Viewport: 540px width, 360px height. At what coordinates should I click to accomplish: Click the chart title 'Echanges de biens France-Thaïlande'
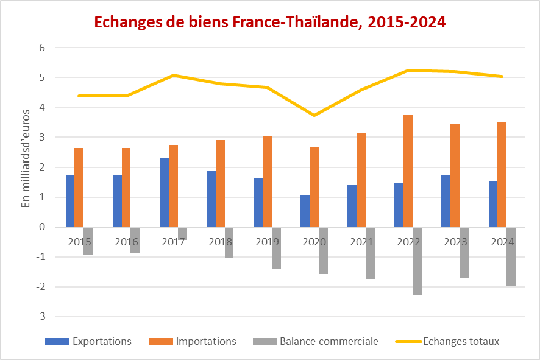269,23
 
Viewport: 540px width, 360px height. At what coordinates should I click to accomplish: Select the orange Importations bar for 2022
408,171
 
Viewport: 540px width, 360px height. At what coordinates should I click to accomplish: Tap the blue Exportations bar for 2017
164,192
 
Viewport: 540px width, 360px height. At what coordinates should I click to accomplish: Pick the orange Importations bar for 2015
79,187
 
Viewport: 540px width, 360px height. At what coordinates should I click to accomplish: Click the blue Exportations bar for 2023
446,200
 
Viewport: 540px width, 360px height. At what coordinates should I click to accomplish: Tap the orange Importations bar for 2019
267,181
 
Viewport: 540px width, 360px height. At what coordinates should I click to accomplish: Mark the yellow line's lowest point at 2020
314,115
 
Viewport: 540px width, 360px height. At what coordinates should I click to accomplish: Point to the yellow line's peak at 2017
174,76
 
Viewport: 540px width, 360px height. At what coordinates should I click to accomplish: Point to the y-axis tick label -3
41,317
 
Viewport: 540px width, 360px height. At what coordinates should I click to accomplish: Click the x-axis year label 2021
361,242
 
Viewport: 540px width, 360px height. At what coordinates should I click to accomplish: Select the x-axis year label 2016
127,242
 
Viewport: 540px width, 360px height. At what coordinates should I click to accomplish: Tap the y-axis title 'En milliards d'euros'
26,158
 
